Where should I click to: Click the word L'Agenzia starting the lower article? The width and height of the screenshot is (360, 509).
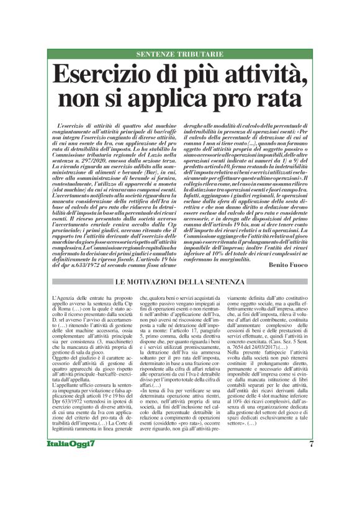point(60,298)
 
